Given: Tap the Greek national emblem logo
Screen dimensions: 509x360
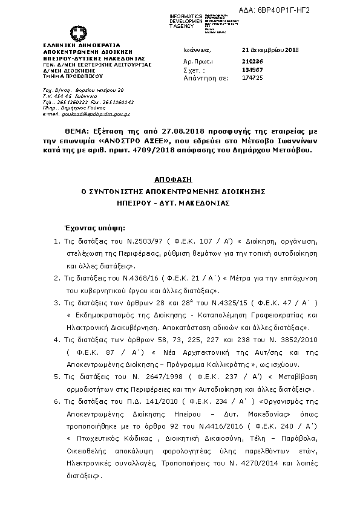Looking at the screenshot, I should click(x=77, y=33).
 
